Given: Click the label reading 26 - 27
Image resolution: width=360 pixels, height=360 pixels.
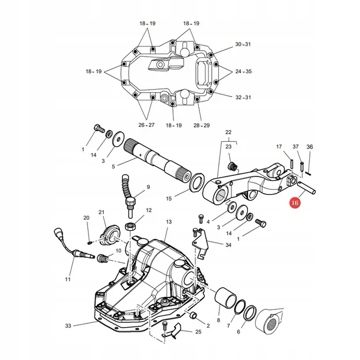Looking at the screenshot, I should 147,125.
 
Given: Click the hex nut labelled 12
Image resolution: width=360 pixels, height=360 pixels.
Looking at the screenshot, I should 130,227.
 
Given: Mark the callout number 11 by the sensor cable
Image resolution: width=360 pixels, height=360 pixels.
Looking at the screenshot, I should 67,279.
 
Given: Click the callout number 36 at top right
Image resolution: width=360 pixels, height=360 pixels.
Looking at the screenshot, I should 310,147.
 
